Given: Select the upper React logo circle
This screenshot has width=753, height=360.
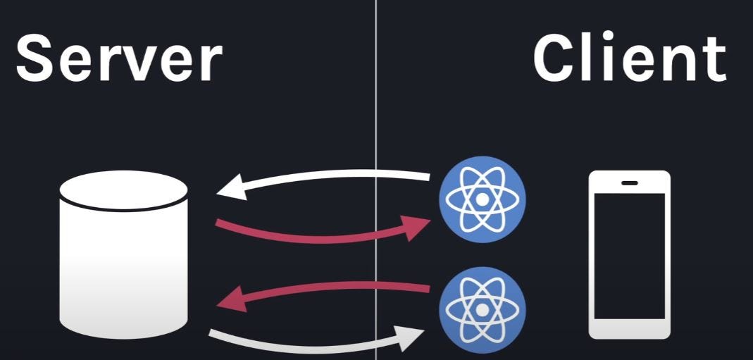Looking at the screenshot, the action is click(x=482, y=199).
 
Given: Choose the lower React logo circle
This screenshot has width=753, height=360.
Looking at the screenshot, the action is click(x=482, y=309).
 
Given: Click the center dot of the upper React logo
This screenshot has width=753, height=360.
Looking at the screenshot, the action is click(x=482, y=199).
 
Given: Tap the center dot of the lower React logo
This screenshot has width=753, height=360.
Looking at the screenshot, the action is click(x=482, y=309).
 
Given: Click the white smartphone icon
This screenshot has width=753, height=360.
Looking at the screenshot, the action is click(x=629, y=254).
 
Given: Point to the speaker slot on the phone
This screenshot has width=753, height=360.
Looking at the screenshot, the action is click(x=630, y=183).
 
